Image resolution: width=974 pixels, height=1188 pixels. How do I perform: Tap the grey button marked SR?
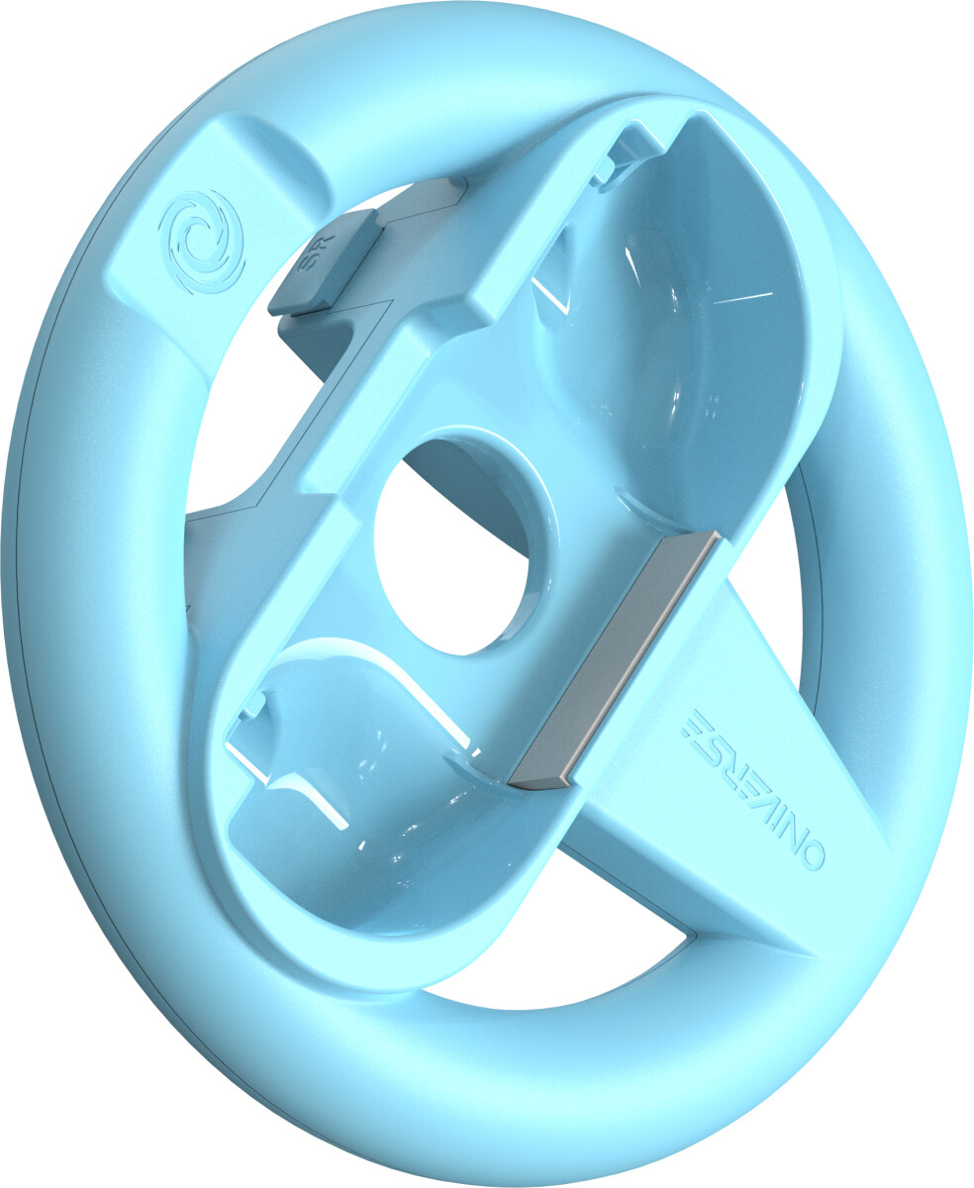click(325, 261)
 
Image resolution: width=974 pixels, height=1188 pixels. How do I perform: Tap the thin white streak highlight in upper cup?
click(741, 298)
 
